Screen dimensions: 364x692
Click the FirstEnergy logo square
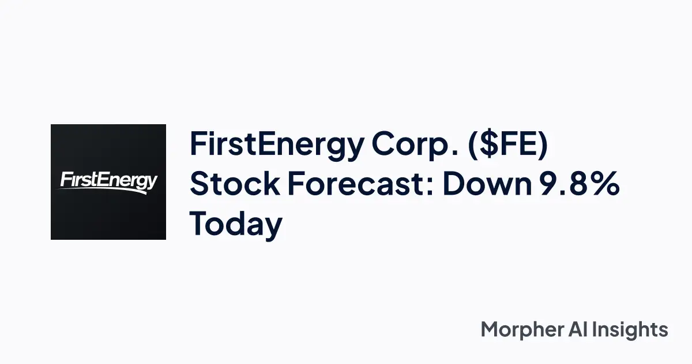(x=108, y=182)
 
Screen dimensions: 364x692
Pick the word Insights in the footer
(x=634, y=330)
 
